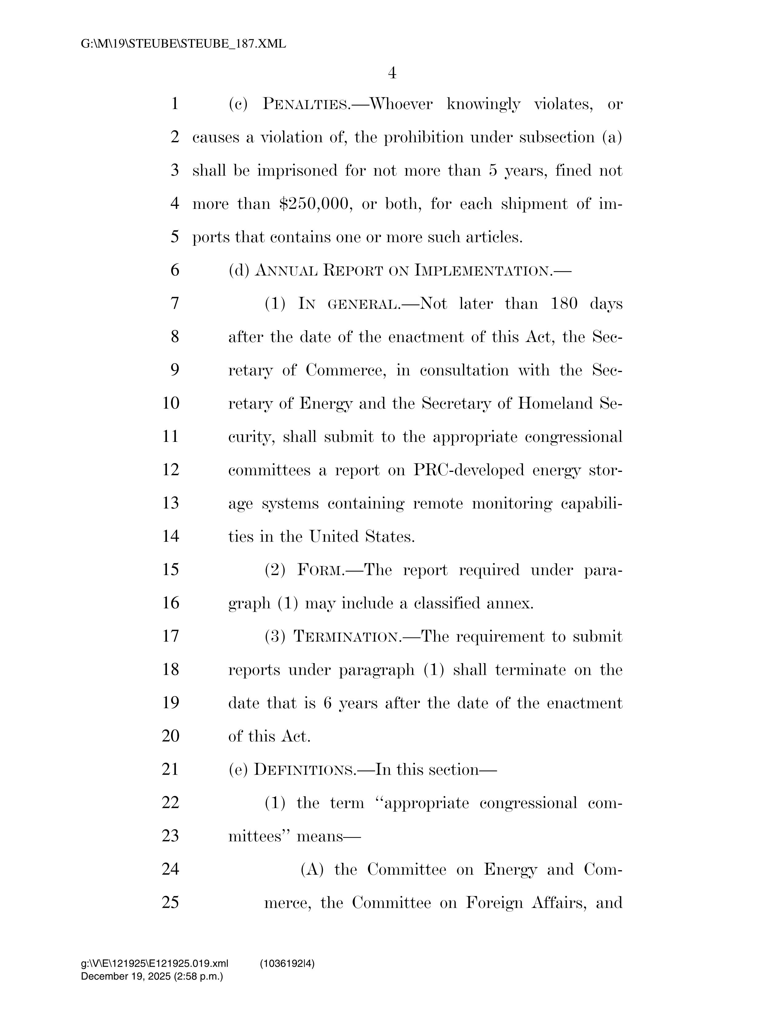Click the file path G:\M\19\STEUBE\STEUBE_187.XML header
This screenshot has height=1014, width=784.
[184, 44]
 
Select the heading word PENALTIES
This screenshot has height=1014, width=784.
[307, 104]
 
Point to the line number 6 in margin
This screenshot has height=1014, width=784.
[175, 270]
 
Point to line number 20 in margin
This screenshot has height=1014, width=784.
[170, 736]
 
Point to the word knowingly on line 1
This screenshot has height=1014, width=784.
[483, 104]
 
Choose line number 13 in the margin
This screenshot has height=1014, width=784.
[170, 503]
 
